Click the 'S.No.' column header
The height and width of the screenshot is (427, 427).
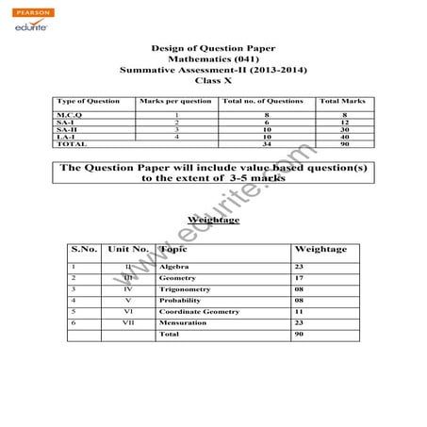84,250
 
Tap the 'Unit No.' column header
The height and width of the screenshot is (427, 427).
128,250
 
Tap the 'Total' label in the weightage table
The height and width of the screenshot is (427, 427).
169,335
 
